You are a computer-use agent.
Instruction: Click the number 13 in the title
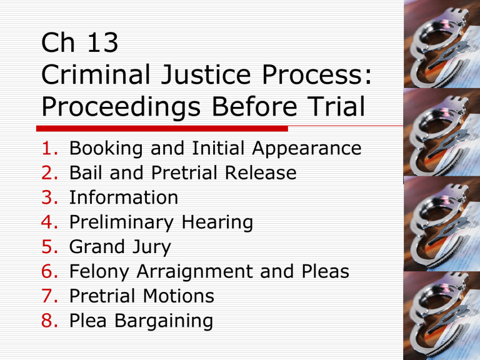(103, 42)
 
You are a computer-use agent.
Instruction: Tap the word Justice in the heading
(206, 75)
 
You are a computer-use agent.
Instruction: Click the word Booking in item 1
(106, 149)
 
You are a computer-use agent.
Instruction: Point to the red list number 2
(49, 172)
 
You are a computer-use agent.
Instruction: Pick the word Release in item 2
(261, 172)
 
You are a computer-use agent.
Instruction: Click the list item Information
(124, 197)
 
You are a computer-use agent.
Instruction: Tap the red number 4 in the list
(49, 222)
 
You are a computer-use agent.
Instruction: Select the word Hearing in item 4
(217, 223)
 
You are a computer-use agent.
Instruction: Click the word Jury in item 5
(147, 247)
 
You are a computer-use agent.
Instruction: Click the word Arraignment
(195, 272)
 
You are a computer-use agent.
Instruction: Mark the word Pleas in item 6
(326, 271)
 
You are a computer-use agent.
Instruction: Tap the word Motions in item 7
(179, 296)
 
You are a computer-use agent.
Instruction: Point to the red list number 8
(49, 321)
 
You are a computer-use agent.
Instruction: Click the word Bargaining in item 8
(164, 321)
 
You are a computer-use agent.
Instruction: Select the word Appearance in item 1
(307, 149)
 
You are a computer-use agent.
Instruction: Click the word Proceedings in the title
(121, 107)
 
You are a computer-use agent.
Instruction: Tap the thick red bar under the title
(162, 129)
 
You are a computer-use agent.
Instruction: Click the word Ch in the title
(58, 42)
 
